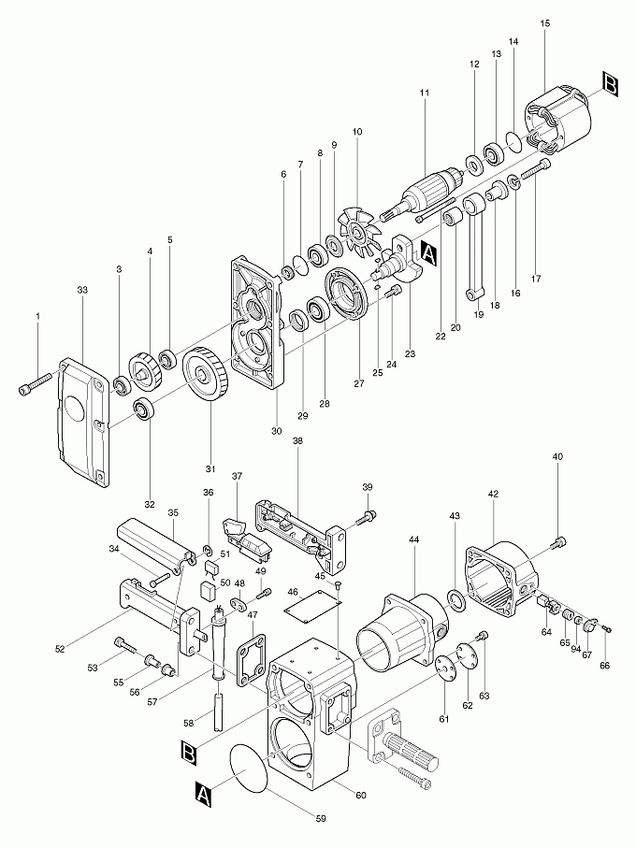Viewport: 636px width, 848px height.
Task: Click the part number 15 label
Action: coord(545,22)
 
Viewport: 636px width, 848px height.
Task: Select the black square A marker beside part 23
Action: coord(429,252)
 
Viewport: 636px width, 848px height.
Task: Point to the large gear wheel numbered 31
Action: coord(207,379)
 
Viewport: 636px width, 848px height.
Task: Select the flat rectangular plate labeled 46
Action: coord(311,607)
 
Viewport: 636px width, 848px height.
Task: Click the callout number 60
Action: coord(361,793)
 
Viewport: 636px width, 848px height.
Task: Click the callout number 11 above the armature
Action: coord(425,93)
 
